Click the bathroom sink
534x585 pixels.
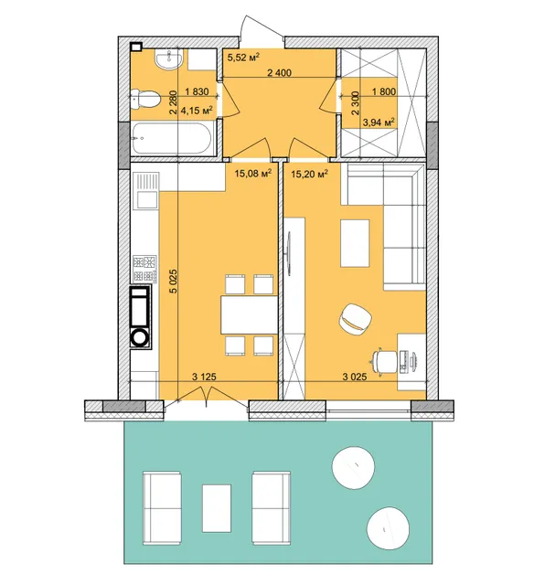tap(169, 58)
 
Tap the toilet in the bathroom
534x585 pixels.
tap(145, 100)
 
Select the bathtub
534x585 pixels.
tap(171, 138)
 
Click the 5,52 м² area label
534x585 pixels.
tap(243, 58)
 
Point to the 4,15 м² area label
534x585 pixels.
tap(197, 110)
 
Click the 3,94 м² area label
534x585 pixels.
tap(379, 122)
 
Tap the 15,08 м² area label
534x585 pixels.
tap(252, 174)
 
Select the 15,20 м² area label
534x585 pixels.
tap(309, 174)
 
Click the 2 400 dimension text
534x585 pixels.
tap(279, 73)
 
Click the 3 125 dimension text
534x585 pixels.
tap(204, 377)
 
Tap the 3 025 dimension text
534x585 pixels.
tap(355, 377)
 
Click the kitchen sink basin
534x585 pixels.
tap(146, 199)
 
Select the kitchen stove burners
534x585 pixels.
tap(144, 268)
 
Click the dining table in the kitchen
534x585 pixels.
tap(249, 314)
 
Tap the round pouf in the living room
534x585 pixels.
tap(356, 319)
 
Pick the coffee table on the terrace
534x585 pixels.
tap(217, 508)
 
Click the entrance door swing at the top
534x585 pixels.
tap(262, 27)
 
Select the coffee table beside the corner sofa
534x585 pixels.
tap(355, 243)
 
